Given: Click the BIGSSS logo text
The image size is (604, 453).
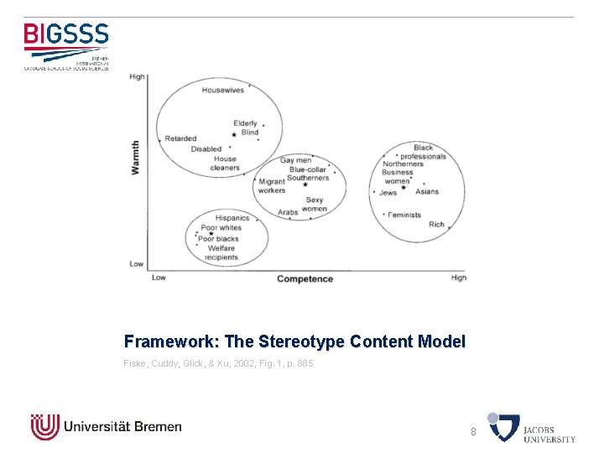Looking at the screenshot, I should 66,34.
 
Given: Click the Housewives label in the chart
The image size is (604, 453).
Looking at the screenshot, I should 222,90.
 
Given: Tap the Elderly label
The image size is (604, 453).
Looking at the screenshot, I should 245,123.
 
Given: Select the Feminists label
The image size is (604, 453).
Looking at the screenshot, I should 404,216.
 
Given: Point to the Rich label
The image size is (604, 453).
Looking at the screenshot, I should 436,225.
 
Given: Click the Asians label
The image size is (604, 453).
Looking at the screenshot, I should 426,191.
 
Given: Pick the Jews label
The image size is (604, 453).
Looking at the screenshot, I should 388,192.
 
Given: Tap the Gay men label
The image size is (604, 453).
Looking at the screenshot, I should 295,160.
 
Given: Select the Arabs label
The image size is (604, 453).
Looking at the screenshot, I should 288,212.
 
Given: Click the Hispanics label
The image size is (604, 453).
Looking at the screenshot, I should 232,218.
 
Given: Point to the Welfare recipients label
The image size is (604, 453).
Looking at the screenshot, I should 221,253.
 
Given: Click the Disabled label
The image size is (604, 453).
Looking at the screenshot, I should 206,149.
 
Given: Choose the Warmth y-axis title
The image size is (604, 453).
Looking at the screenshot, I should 136,158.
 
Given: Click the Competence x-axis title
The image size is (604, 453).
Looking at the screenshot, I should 305,279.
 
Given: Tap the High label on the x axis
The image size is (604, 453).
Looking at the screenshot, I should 458,278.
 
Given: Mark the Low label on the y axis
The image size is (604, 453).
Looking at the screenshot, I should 137,263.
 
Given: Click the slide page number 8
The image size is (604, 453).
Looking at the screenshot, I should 473,431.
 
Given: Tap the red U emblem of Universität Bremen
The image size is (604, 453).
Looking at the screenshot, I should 44,427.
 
